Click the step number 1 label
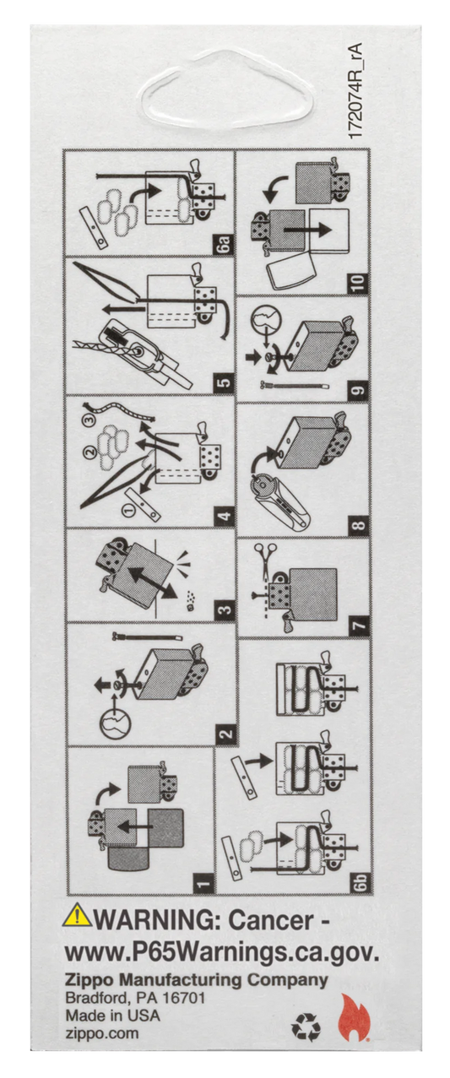point(204,882)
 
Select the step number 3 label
point(225,610)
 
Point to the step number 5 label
point(225,383)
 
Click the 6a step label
point(225,243)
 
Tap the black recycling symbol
point(306,1028)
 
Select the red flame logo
point(355,1019)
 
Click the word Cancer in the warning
point(270,920)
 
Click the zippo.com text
point(102,1033)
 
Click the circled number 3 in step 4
point(89,420)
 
